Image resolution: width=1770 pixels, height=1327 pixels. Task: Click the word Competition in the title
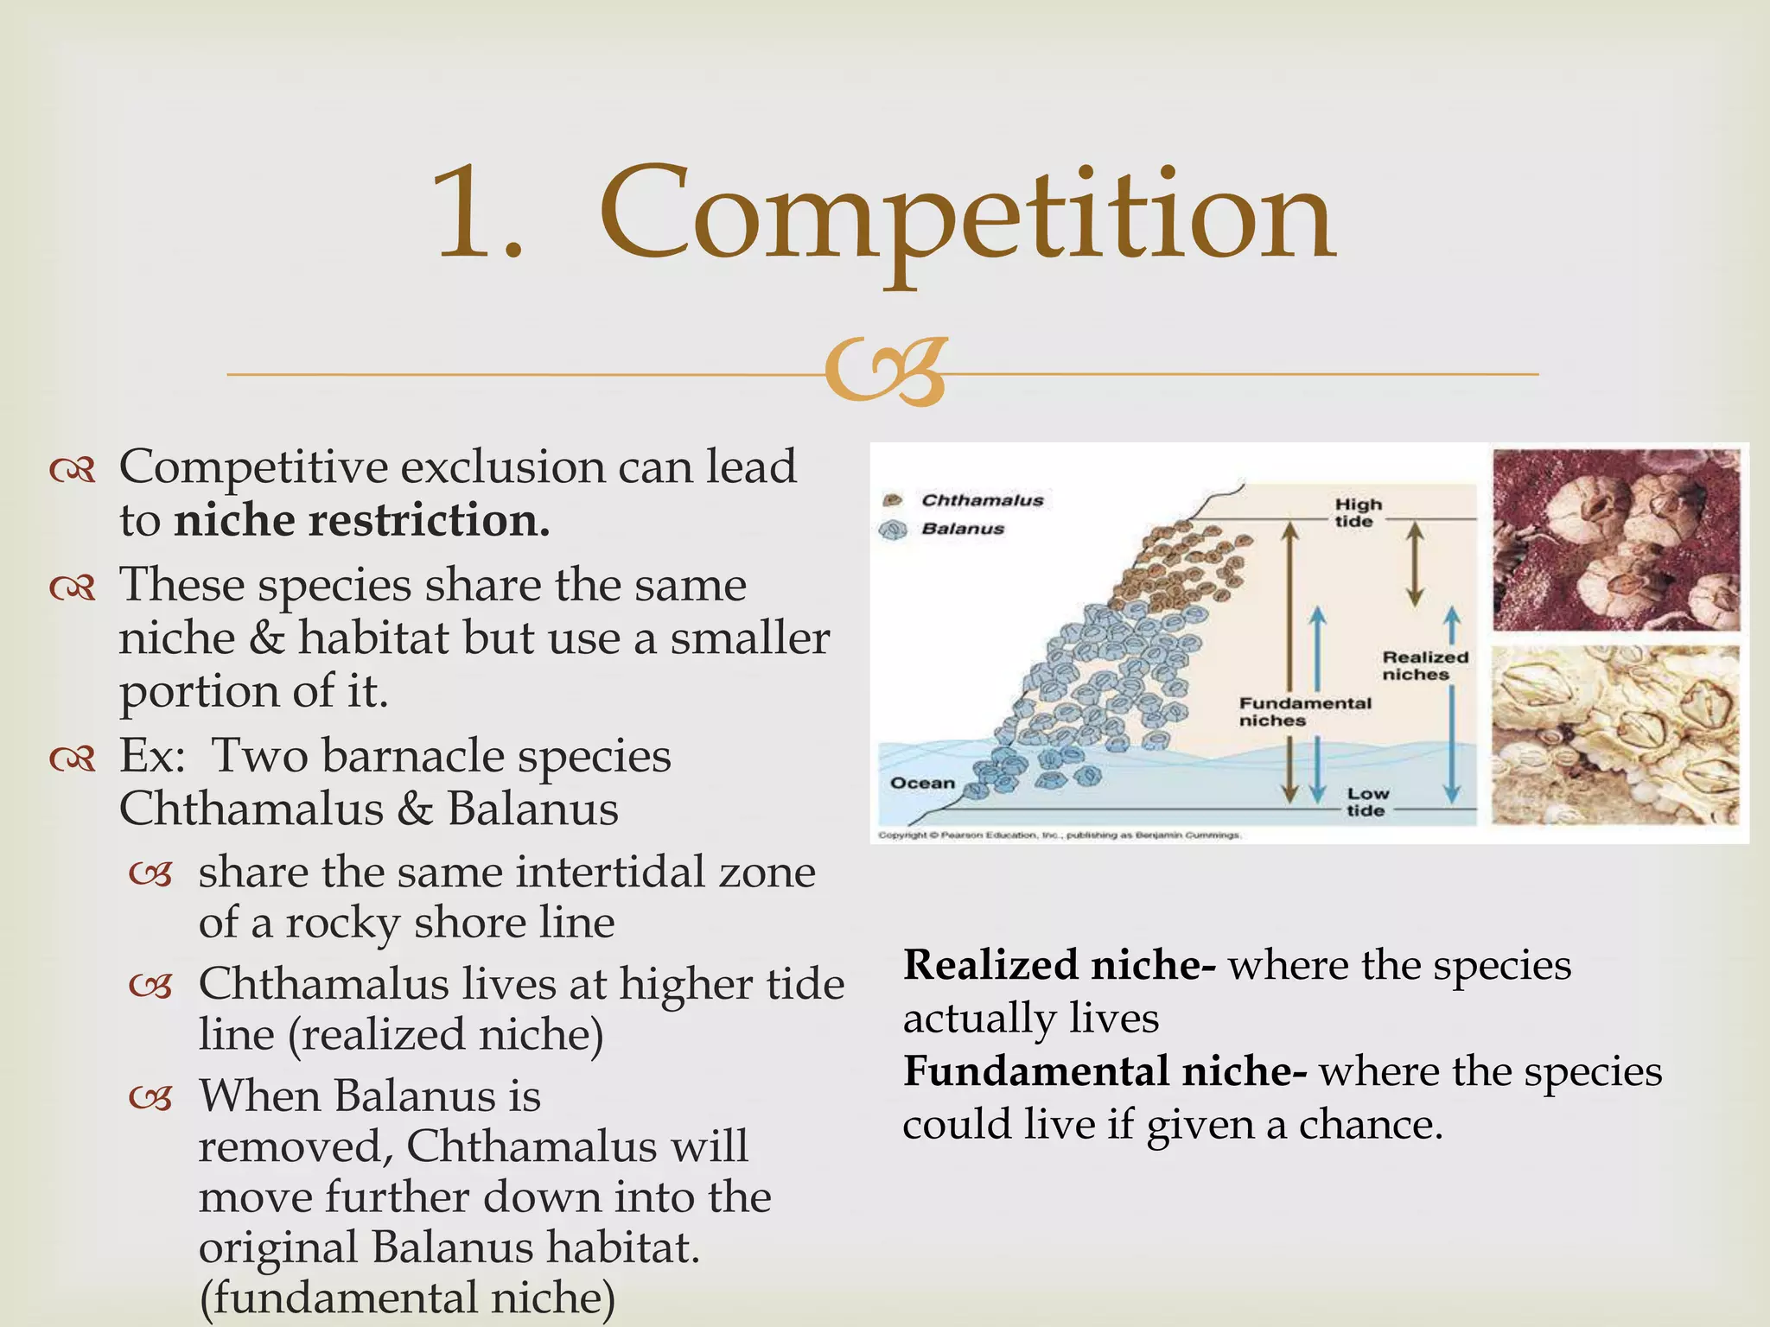click(968, 216)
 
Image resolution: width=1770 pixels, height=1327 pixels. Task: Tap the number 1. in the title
click(480, 216)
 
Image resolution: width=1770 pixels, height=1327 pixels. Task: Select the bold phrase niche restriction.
click(362, 521)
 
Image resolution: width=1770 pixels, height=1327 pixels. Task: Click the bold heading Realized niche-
click(1060, 965)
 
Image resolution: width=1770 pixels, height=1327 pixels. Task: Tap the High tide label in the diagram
click(1358, 512)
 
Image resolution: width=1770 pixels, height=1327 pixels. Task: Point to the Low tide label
click(1367, 802)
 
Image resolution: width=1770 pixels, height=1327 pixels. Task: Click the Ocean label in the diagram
click(922, 783)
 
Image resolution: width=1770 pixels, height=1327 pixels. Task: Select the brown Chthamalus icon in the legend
click(892, 500)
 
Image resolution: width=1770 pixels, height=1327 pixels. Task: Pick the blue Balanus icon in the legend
click(892, 530)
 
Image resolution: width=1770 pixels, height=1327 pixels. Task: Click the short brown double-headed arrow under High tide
click(1414, 563)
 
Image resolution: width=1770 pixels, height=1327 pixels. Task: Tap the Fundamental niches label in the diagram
click(1304, 712)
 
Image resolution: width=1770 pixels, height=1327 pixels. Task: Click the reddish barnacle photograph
click(1614, 540)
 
